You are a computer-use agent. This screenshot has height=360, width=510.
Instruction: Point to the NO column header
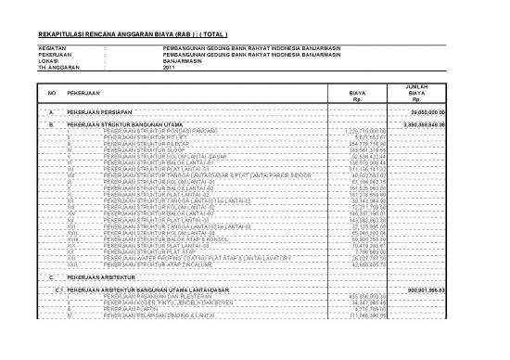point(51,94)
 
